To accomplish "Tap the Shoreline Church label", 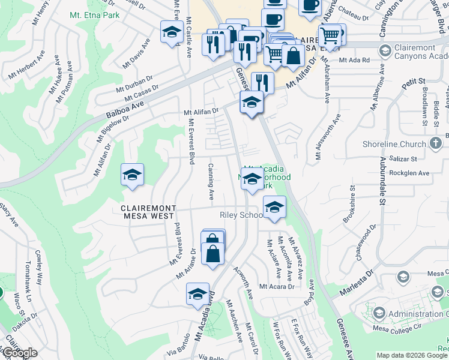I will [x=394, y=144].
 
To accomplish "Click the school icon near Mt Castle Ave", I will [x=172, y=32].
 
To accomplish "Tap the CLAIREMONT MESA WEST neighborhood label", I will [x=148, y=213].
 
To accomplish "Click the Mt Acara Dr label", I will [x=277, y=287].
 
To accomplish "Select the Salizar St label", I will [x=403, y=159].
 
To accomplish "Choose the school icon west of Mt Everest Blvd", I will [x=132, y=175].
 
